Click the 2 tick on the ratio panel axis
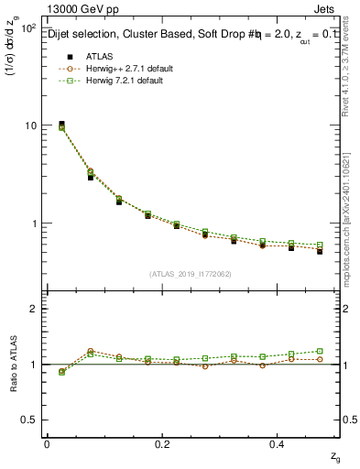pyautogui.click(x=35, y=309)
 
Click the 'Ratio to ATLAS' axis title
pyautogui.click(x=13, y=364)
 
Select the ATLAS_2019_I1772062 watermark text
pyautogui.click(x=191, y=274)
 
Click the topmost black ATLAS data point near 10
pyautogui.click(x=61, y=124)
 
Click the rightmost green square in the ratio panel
pyautogui.click(x=320, y=351)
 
